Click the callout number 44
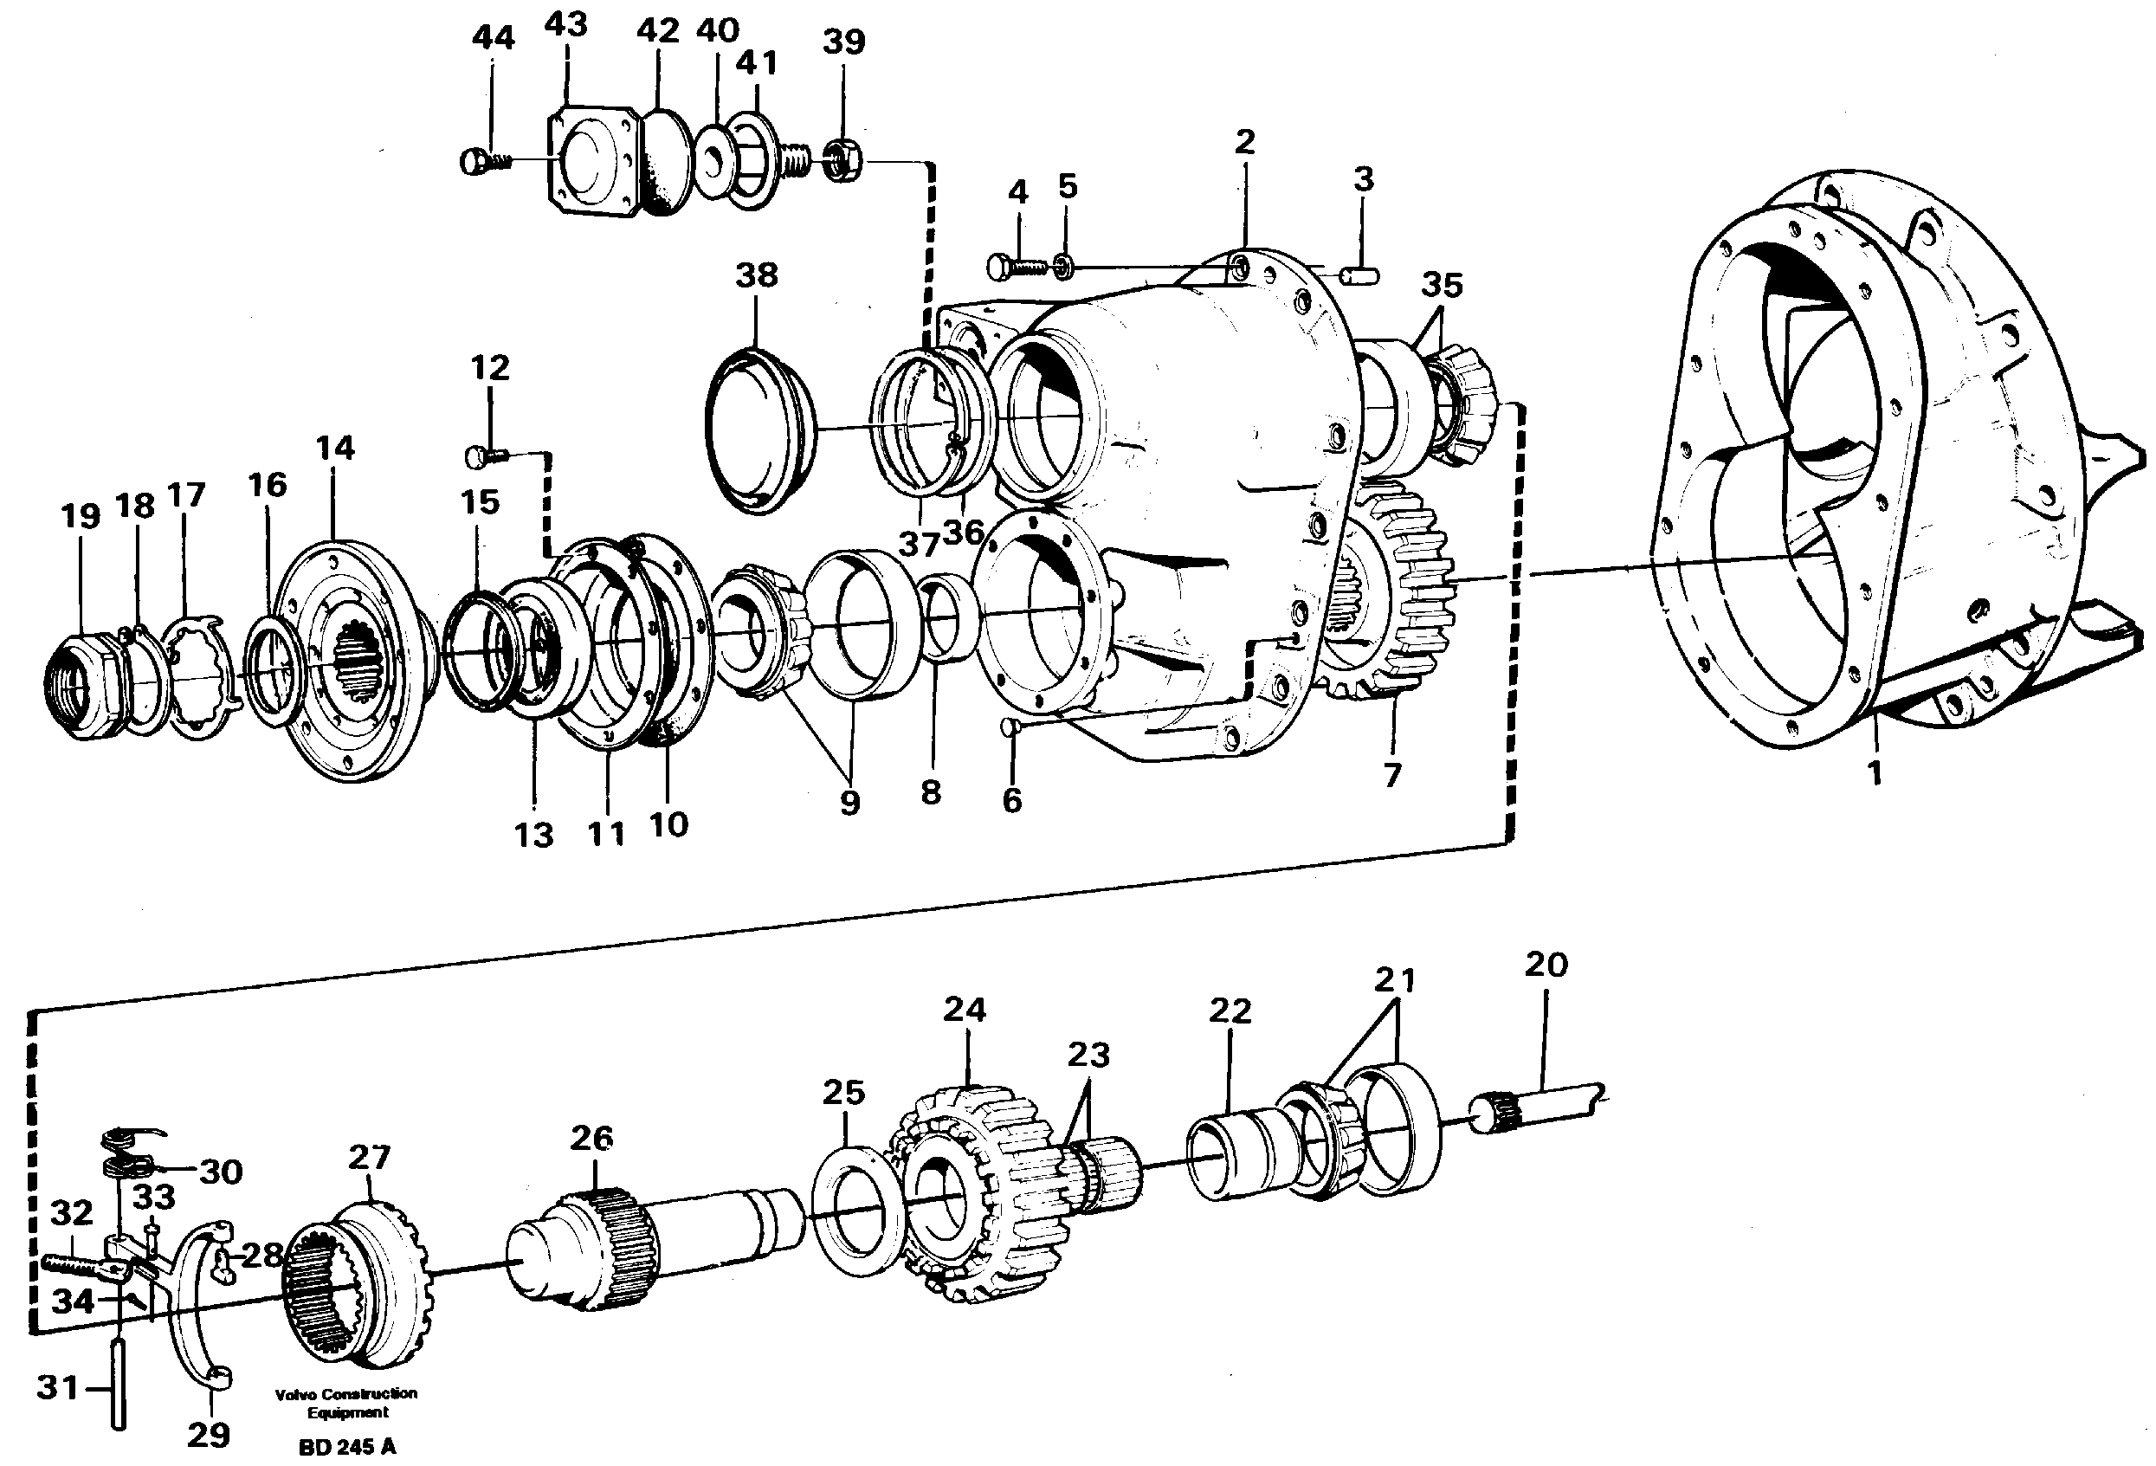pos(493,38)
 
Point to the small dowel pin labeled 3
pos(1361,274)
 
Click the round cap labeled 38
pos(757,431)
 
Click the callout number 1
pos(1874,772)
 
